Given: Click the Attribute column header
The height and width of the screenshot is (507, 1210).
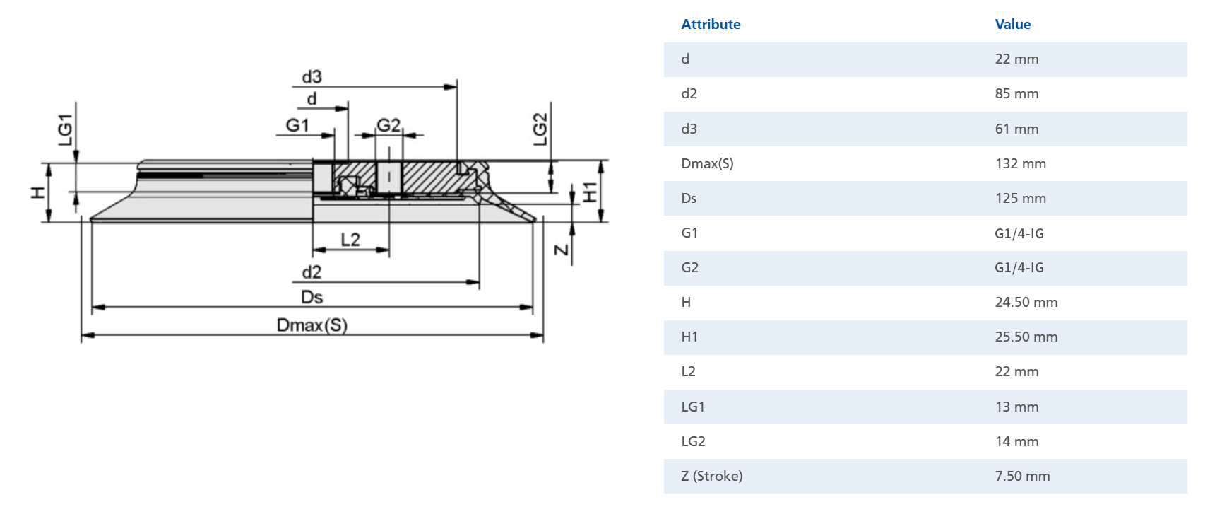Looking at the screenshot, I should pos(711,24).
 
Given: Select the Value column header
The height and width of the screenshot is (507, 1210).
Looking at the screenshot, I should pos(1012,24).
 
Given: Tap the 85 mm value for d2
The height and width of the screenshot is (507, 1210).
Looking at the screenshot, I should pos(1016,93).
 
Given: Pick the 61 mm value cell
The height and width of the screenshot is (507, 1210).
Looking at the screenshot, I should pos(1016,129).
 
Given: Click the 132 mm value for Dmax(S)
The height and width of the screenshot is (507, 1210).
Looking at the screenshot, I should pos(1020,163).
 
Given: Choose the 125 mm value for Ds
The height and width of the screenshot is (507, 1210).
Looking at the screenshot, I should pos(1020,198).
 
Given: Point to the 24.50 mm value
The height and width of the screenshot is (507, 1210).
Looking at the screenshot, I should pos(1026,302).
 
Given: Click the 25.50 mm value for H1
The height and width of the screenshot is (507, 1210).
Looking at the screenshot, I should pos(1026,337).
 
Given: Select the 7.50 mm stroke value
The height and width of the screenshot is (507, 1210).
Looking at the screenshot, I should pos(1022,476).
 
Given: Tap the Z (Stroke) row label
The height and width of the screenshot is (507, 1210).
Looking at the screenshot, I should pos(711,476).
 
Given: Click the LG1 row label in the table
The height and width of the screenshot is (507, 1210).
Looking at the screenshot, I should pos(692,407).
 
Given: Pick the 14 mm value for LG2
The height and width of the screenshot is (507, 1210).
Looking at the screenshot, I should pos(1016,441).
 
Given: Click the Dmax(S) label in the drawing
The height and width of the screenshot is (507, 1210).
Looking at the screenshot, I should pos(312,325).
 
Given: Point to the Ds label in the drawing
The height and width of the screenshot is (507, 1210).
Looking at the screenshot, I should pos(312,297).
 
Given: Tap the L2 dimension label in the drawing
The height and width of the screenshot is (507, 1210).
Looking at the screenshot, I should pos(350,240).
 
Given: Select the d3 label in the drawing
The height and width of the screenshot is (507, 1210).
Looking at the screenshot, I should pos(312,76).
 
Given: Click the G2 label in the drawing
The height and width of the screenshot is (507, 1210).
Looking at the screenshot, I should pos(388,125).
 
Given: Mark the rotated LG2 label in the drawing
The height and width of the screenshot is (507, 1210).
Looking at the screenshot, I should pos(540,129).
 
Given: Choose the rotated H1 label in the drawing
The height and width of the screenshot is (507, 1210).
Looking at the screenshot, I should pos(590,192).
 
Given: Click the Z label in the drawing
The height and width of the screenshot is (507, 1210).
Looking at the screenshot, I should pos(561,250).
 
